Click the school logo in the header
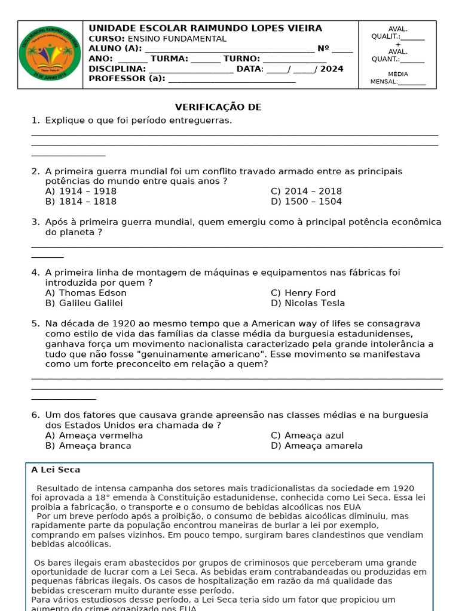(50, 55)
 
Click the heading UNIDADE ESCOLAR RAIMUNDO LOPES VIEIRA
(205, 28)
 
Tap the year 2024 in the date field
(332, 69)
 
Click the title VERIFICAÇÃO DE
(218, 107)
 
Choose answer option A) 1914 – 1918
(81, 192)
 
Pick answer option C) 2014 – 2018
(306, 192)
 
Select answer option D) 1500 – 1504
(306, 202)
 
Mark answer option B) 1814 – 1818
(81, 202)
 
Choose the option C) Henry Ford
(303, 293)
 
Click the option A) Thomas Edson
(86, 293)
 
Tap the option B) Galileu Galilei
(84, 303)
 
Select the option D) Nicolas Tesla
(307, 303)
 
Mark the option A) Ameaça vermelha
(94, 436)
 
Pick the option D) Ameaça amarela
(316, 446)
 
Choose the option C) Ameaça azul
(307, 436)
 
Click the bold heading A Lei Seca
(56, 470)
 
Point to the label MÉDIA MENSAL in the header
(397, 78)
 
